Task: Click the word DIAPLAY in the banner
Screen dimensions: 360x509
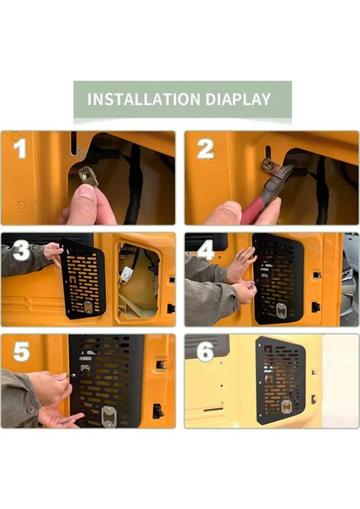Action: tap(238, 99)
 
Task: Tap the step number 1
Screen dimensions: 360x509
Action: tap(20, 148)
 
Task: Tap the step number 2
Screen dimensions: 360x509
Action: tap(205, 149)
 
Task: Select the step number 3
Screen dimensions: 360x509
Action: tap(21, 251)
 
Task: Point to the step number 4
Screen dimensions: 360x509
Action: tap(206, 250)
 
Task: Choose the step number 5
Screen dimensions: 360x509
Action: tap(21, 351)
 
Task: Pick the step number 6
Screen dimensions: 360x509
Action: tap(205, 351)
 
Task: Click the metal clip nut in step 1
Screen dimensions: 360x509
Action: tap(88, 176)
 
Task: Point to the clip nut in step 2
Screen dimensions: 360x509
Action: tap(269, 165)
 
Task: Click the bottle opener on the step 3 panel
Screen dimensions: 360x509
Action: tap(88, 307)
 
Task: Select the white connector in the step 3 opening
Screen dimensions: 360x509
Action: tap(126, 275)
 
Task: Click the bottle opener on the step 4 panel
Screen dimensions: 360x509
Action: tap(281, 310)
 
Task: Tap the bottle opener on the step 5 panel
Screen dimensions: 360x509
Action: tap(108, 416)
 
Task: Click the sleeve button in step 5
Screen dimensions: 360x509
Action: tap(31, 409)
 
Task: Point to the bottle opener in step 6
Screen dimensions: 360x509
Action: tap(286, 406)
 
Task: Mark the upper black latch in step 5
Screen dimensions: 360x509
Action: tap(160, 365)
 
